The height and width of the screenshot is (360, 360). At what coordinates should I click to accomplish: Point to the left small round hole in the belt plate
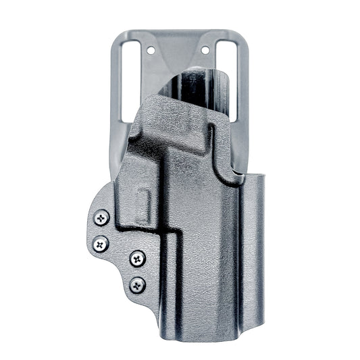pyautogui.click(x=151, y=50)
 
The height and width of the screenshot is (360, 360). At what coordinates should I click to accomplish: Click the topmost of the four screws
pyautogui.click(x=102, y=217)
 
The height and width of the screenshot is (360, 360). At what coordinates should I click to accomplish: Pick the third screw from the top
pyautogui.click(x=136, y=257)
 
